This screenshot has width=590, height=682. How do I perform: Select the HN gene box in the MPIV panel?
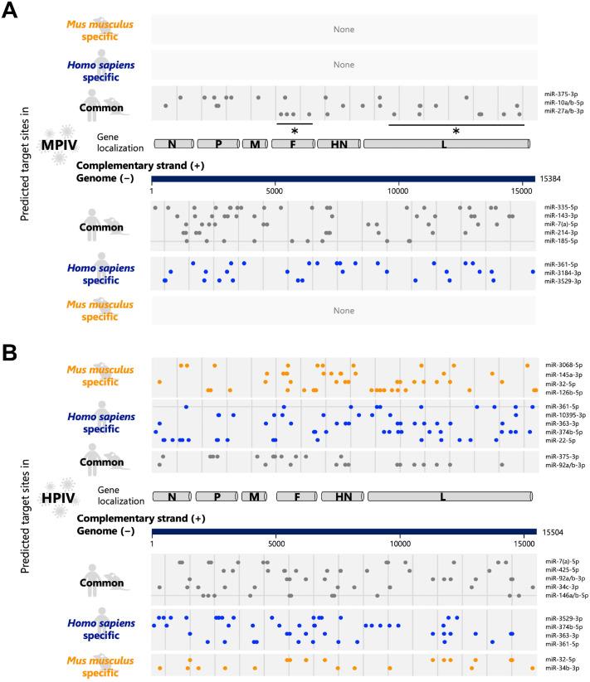tap(338, 144)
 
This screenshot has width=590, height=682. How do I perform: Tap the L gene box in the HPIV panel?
tap(449, 497)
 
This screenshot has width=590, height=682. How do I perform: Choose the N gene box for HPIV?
tap(172, 497)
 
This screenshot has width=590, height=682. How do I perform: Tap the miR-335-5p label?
tap(561, 206)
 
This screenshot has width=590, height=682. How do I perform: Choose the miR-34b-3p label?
tap(561, 644)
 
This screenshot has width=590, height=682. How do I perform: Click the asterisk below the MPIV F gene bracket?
tap(294, 131)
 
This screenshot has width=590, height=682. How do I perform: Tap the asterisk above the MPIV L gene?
tap(456, 131)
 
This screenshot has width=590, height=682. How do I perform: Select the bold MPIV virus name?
tap(59, 146)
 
